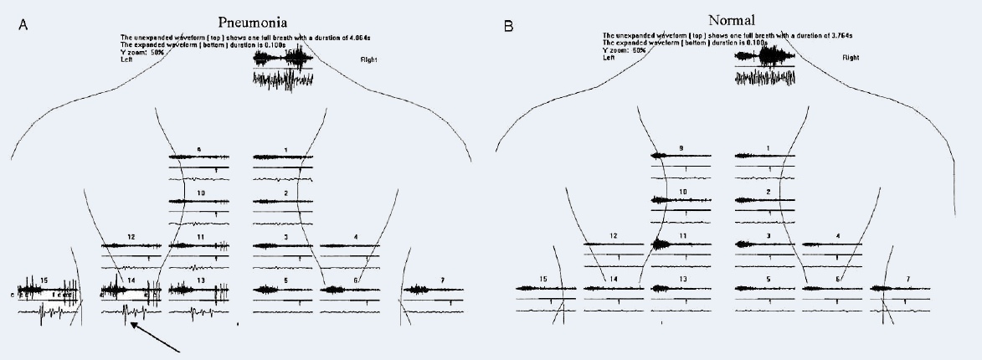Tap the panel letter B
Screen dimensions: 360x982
508,27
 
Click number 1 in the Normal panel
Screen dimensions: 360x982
768,149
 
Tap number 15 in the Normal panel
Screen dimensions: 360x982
543,278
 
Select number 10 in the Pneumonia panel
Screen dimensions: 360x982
201,193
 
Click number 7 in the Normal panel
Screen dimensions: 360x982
907,278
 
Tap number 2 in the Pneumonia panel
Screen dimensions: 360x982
285,193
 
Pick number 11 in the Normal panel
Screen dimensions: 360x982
683,236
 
